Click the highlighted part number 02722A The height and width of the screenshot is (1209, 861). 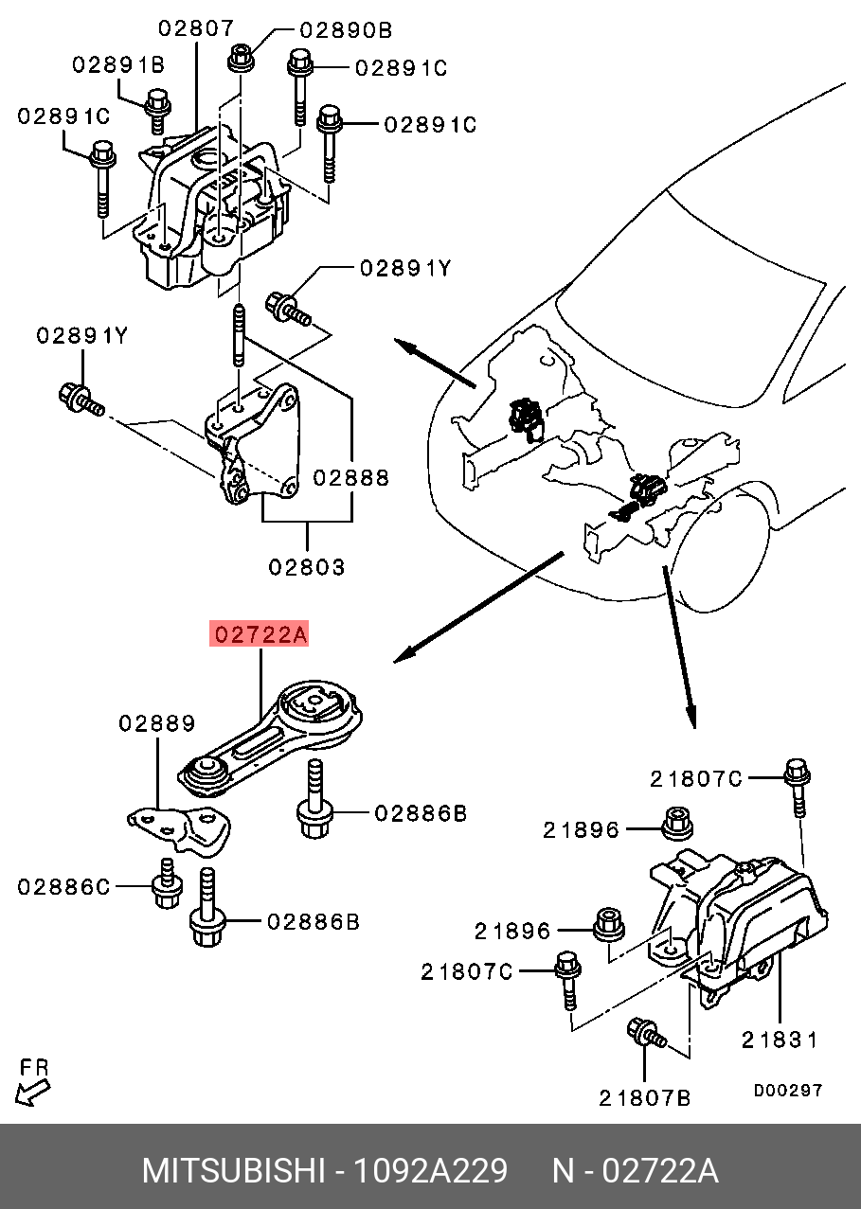pos(260,634)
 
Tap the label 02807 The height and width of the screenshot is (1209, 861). pos(196,28)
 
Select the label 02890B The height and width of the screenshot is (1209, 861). pos(346,30)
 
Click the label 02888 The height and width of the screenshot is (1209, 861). pos(352,478)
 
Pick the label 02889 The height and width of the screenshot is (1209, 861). pos(157,723)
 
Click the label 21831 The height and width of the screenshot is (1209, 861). pos(780,1040)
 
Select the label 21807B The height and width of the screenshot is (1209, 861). pos(645,1097)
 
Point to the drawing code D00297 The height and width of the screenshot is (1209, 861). pos(788,1091)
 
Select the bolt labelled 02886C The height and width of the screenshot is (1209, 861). pos(167,884)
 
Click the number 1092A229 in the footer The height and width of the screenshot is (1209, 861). pos(430,1171)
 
